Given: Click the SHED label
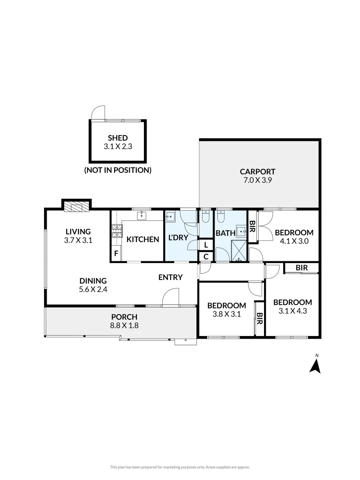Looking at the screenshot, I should point(118,138).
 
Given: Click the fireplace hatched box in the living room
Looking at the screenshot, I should point(76,206).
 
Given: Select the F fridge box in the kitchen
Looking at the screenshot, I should point(116,254).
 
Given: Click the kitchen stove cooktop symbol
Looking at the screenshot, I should point(116,231).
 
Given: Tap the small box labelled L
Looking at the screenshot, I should point(206,245).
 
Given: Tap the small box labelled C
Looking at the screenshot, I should point(206,256).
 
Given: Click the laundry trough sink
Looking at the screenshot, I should point(171,217).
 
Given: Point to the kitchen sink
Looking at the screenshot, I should point(142,216).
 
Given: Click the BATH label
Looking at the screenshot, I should point(225,232).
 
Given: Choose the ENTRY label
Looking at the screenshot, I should point(171,277).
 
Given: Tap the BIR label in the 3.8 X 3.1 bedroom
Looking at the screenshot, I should point(259,318).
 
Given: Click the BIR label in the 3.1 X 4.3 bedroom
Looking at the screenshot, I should point(302,268).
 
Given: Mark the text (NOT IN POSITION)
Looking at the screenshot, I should point(118,170).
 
